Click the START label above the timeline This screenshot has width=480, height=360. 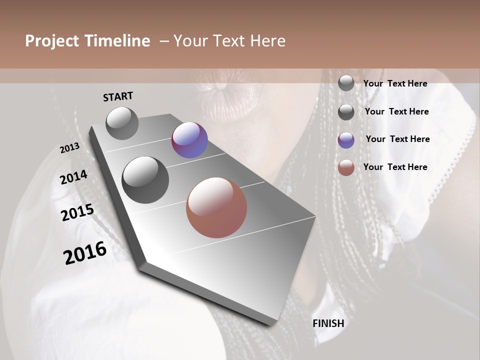[x=118, y=96]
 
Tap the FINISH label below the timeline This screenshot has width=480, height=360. [x=328, y=323]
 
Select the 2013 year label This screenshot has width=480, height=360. [x=69, y=148]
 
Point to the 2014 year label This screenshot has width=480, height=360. [x=73, y=177]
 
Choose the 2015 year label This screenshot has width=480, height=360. [x=77, y=212]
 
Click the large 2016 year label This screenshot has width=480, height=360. [x=85, y=252]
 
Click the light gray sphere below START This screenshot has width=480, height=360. [x=122, y=123]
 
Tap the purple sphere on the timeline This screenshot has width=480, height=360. [x=189, y=140]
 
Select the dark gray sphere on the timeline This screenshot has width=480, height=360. [x=145, y=179]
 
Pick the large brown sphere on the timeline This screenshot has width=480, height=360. [x=216, y=207]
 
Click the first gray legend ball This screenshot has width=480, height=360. [x=346, y=83]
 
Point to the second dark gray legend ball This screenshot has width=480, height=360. [x=346, y=112]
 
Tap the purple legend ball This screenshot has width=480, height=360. [x=346, y=140]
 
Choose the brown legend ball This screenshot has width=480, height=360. [x=346, y=167]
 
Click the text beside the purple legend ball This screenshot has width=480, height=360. [x=397, y=139]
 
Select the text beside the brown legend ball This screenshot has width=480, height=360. [x=395, y=167]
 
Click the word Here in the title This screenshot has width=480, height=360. [x=267, y=41]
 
